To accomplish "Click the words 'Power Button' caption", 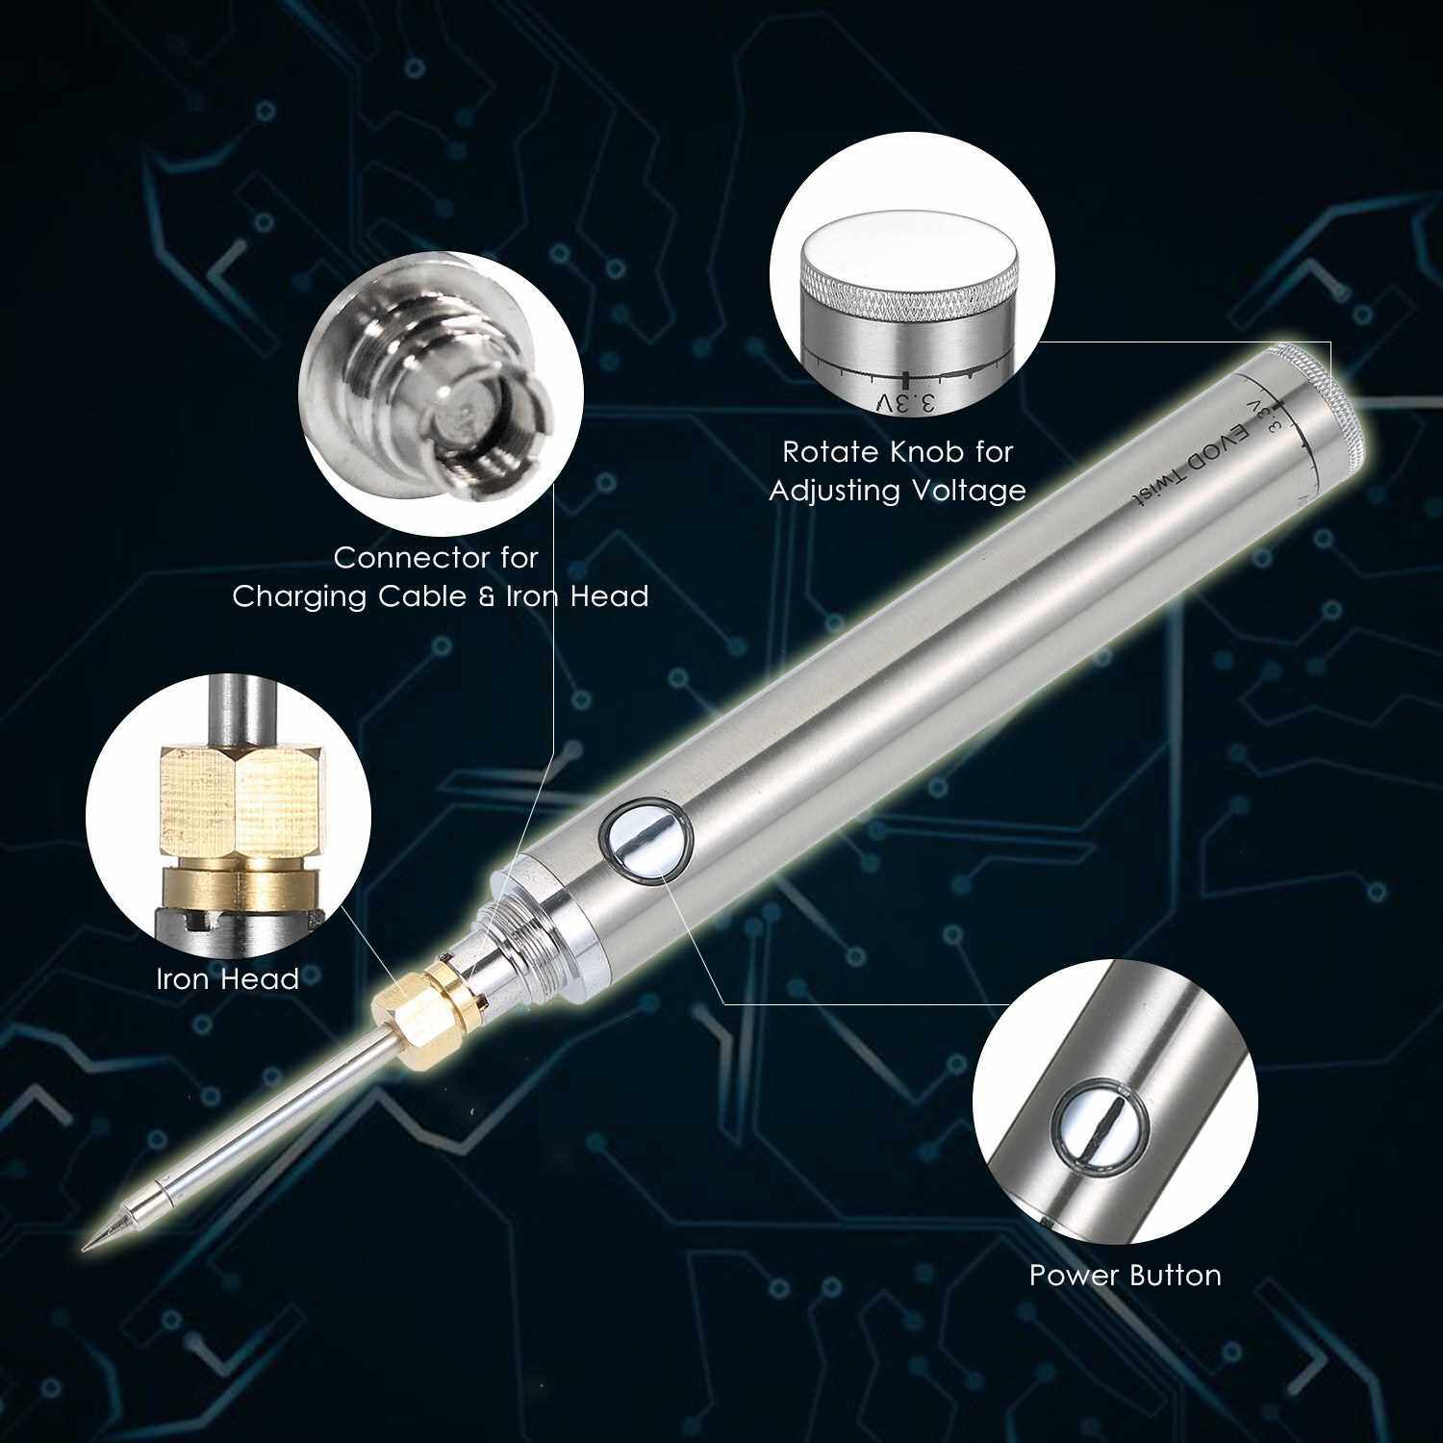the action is (1126, 1276).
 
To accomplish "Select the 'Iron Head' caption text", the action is (228, 979).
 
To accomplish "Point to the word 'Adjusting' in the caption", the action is (829, 491).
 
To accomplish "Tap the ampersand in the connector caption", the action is (487, 596).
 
